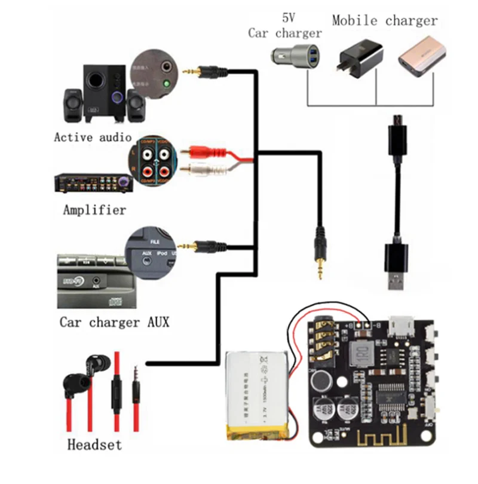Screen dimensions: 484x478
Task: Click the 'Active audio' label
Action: pyautogui.click(x=93, y=137)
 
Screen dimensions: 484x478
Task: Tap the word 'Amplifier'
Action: pyautogui.click(x=94, y=210)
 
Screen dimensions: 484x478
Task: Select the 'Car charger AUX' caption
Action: pyautogui.click(x=114, y=322)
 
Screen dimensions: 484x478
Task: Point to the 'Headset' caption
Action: pyautogui.click(x=94, y=445)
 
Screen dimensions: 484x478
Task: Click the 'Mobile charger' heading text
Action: pyautogui.click(x=385, y=20)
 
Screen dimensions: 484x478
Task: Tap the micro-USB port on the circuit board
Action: pyautogui.click(x=400, y=326)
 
